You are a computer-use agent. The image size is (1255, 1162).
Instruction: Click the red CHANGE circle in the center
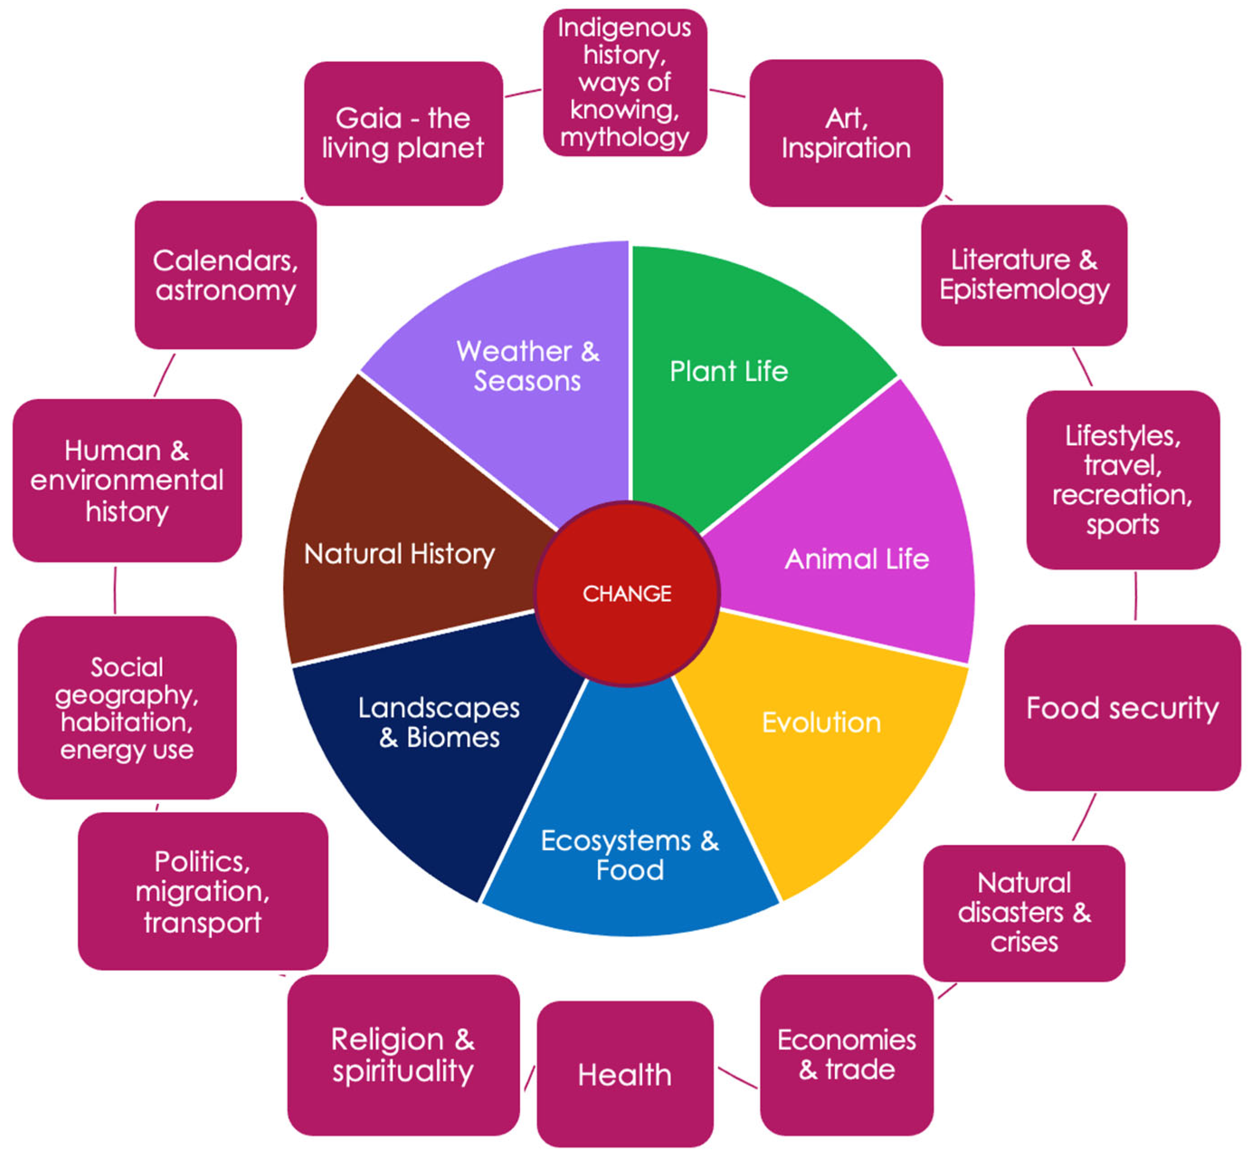tap(626, 593)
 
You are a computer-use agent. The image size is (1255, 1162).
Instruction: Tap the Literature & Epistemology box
tap(1024, 275)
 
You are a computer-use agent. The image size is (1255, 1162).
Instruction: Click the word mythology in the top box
tap(625, 137)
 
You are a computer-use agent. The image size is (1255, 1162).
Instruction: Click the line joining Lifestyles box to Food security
tap(1135, 596)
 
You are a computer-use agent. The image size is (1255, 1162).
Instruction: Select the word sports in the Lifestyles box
tap(1122, 524)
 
